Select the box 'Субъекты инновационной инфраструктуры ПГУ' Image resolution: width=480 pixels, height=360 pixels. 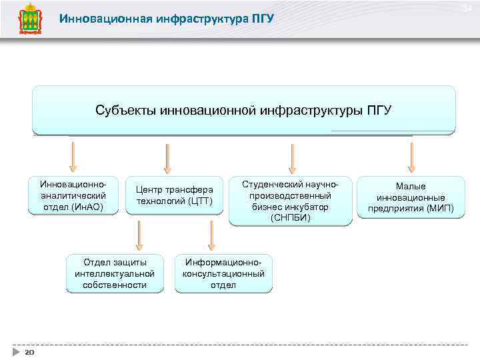(243, 110)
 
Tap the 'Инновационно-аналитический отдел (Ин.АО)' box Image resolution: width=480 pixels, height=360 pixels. (73, 195)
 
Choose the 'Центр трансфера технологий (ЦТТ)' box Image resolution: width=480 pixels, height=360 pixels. (174, 195)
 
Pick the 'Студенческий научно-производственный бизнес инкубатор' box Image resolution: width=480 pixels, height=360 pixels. (291, 201)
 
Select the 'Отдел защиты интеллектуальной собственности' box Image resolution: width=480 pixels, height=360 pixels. (115, 273)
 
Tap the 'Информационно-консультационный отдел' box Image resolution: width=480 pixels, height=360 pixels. (223, 273)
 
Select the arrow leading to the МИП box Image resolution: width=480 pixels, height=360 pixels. (411, 157)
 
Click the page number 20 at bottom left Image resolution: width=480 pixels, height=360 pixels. (29, 351)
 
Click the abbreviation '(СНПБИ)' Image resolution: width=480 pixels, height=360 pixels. (291, 218)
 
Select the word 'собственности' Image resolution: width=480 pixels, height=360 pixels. (115, 285)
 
